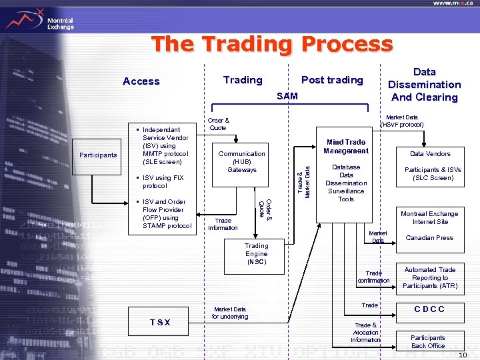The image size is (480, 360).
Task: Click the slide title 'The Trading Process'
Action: (x=272, y=44)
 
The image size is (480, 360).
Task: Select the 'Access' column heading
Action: (x=141, y=81)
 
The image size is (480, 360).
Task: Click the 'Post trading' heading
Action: (x=332, y=80)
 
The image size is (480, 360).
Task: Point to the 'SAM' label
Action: (x=287, y=97)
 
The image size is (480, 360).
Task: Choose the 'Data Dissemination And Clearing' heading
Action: (x=424, y=85)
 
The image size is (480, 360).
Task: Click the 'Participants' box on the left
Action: (x=97, y=155)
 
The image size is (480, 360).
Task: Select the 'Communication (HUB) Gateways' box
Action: (x=242, y=162)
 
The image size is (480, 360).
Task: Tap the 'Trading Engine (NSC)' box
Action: (x=256, y=254)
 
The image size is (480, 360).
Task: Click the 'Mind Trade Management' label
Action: (x=346, y=146)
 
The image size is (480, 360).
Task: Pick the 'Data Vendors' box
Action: (x=430, y=154)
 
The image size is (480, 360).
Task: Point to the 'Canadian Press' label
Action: (x=429, y=238)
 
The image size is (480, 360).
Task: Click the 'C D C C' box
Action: (x=429, y=309)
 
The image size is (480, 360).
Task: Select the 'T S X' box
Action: (x=159, y=322)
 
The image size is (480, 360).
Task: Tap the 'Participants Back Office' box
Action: (x=428, y=341)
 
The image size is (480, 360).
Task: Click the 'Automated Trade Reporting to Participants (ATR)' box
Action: (x=430, y=277)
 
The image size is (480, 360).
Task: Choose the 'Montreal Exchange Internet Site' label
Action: (x=430, y=218)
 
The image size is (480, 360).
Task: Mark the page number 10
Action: (x=471, y=355)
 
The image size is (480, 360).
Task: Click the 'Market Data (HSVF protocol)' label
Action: (x=401, y=121)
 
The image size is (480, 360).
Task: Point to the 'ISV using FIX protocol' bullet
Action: (x=160, y=182)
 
